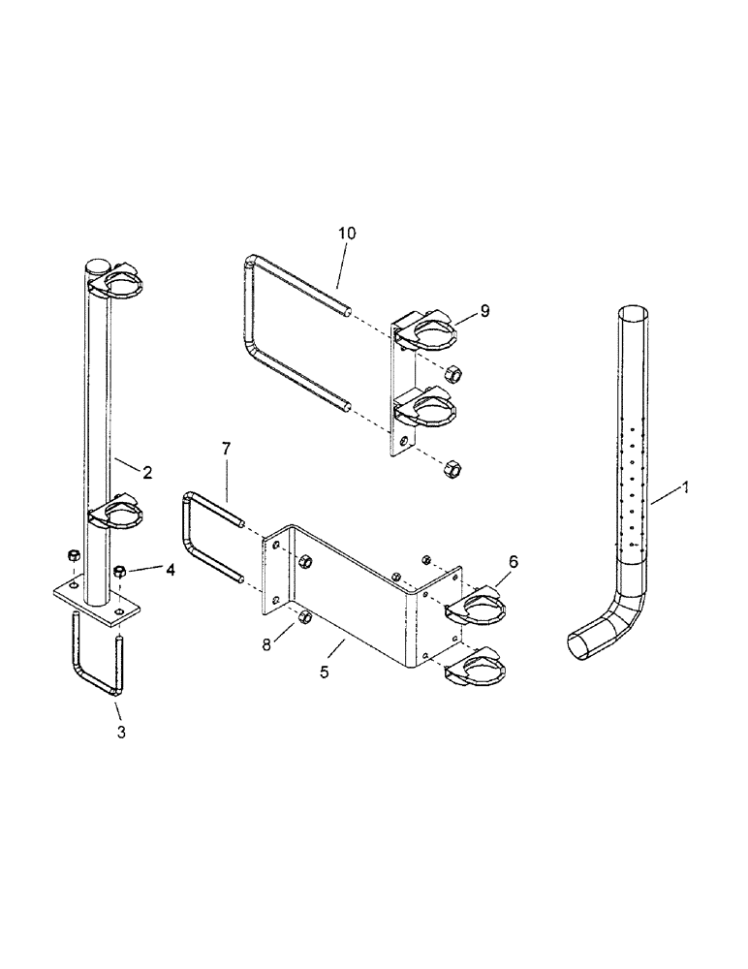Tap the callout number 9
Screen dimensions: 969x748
[483, 311]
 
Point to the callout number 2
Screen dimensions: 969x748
[147, 473]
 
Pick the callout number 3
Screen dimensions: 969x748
[121, 733]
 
